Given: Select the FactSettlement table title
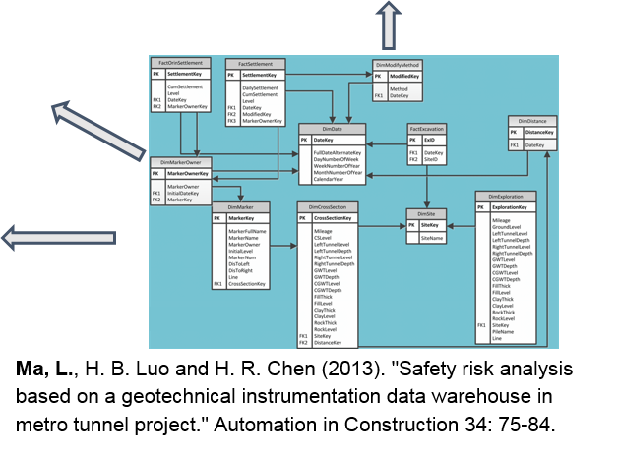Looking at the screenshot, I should pyautogui.click(x=255, y=62).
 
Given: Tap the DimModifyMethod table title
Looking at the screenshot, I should pyautogui.click(x=398, y=64).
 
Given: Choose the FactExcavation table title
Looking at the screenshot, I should pyautogui.click(x=427, y=128).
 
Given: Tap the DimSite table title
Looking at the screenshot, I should pyautogui.click(x=426, y=213).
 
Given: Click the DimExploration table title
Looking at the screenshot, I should pyautogui.click(x=506, y=196).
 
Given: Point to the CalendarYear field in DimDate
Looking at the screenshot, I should pyautogui.click(x=330, y=179).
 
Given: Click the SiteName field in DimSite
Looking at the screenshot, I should pyautogui.click(x=432, y=238).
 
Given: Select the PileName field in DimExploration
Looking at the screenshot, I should pyautogui.click(x=502, y=331).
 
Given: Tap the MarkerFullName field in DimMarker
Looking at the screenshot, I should pyautogui.click(x=247, y=230).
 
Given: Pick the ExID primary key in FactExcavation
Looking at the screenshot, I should pyautogui.click(x=429, y=141).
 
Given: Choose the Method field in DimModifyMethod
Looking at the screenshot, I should pyautogui.click(x=398, y=88).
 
